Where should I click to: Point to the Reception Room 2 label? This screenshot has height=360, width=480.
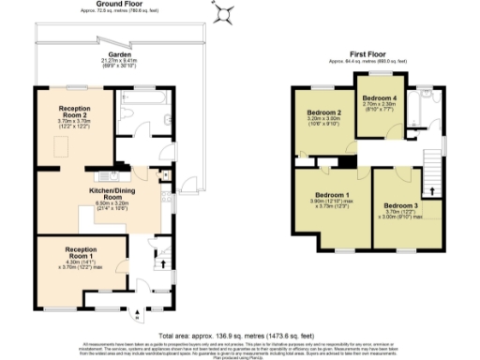(x=74, y=112)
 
